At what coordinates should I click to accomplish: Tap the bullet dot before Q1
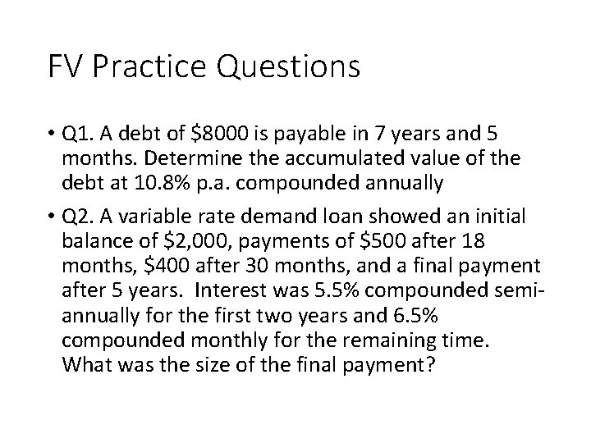51,133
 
